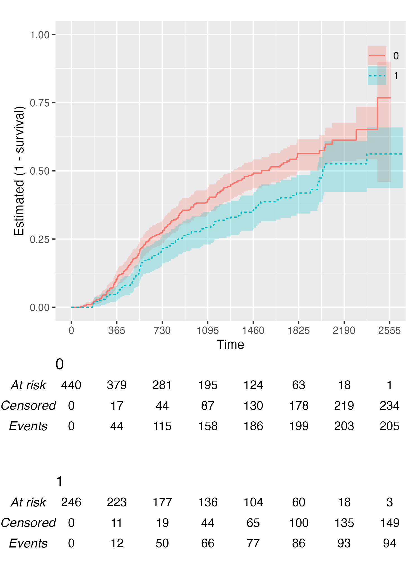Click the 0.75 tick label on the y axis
pos(39,103)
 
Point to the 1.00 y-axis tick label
pos(39,35)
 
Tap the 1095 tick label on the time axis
pos(208,331)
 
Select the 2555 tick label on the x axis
pos(389,331)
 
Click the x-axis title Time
pos(230,345)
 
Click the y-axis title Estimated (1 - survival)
pos(20,171)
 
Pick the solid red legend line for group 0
pos(377,56)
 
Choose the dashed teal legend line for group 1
pos(377,76)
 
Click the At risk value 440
pos(71,385)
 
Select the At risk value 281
pos(162,385)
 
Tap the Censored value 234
pos(389,406)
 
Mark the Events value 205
pos(389,426)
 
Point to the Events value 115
pos(162,426)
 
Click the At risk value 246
pos(71,502)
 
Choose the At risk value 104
pos(253,502)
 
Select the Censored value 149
pos(389,523)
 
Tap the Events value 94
pos(389,543)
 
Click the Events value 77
pos(253,543)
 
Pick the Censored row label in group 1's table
pos(28,523)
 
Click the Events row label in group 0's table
pos(28,426)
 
